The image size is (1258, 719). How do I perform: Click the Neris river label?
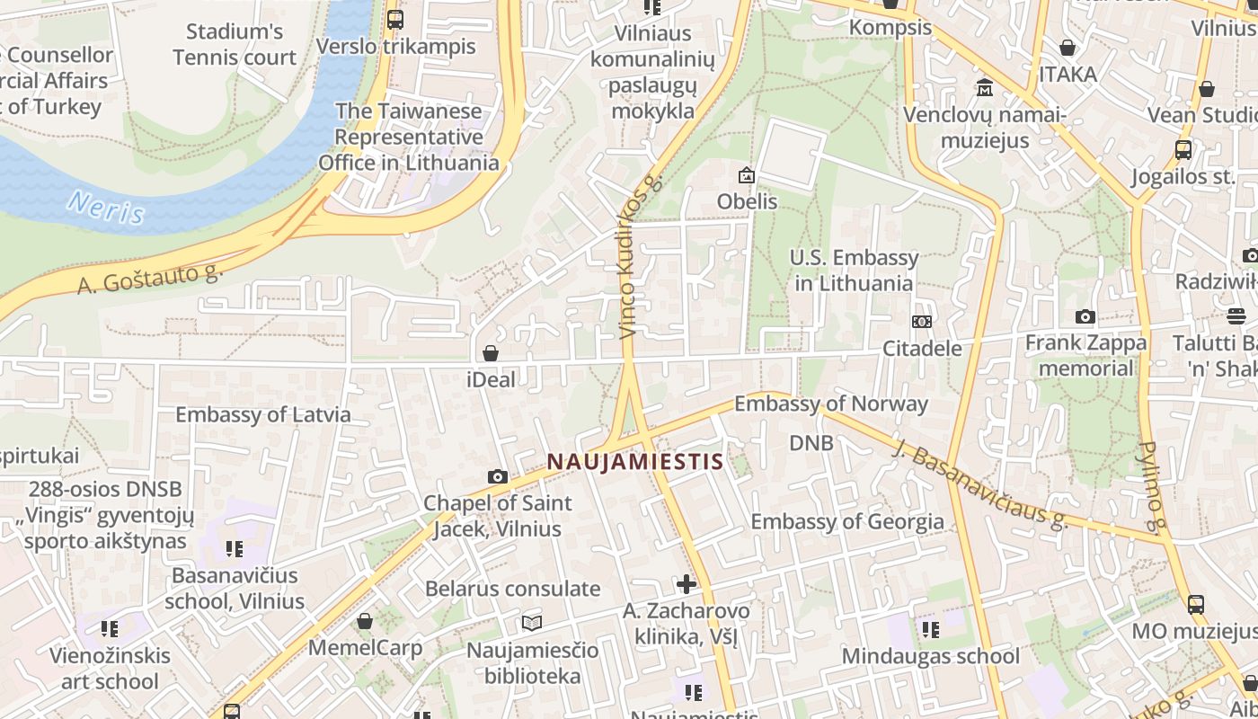(106, 208)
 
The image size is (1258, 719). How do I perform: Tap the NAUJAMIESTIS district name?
(635, 462)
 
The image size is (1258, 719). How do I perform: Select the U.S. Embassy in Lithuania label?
(854, 271)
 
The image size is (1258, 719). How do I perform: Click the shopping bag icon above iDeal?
(491, 353)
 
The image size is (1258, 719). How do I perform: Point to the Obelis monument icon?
(746, 176)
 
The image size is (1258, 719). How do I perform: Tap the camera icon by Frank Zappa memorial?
(1085, 317)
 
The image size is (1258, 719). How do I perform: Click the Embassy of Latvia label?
(263, 414)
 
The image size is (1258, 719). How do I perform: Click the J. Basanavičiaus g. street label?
(980, 484)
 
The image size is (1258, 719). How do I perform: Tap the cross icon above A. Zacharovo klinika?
(687, 584)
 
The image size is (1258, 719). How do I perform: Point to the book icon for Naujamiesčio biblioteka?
(532, 623)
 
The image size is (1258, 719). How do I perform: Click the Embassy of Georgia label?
(847, 521)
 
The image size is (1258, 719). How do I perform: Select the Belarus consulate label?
(513, 589)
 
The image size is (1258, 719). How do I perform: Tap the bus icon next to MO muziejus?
(1195, 605)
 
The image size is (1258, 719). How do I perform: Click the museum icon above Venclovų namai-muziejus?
(985, 88)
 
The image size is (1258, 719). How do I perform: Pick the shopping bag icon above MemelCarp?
(365, 621)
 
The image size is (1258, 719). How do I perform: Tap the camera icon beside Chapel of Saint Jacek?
(497, 476)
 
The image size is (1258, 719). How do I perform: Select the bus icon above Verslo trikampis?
(394, 19)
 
